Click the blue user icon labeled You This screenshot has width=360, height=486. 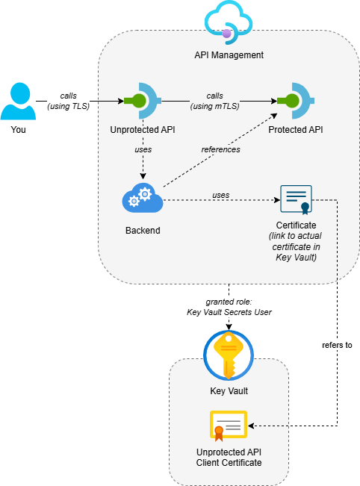(x=18, y=101)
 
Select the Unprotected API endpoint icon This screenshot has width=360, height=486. (x=143, y=101)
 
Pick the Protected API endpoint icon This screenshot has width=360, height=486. (x=296, y=101)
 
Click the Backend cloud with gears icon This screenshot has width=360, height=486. (x=143, y=199)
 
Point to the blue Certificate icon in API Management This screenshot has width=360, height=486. (x=296, y=200)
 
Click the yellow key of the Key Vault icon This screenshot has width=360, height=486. (x=229, y=355)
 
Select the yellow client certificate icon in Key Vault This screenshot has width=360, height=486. (x=229, y=426)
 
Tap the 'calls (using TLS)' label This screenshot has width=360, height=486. (x=68, y=101)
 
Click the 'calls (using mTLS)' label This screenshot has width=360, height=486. (x=214, y=101)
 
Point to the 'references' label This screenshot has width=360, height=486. (x=220, y=149)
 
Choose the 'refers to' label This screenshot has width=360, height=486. (x=337, y=345)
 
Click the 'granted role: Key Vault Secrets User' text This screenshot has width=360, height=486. (x=229, y=307)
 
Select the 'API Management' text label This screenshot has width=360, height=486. (x=229, y=54)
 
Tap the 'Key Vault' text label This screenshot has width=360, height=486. (x=229, y=391)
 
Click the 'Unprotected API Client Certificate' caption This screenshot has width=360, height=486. (x=229, y=457)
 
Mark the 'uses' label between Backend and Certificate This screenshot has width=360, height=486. (x=221, y=195)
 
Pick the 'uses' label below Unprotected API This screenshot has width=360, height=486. (x=143, y=149)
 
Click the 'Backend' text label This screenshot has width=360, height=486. (x=143, y=230)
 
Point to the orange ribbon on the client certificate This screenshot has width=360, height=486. (x=219, y=434)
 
